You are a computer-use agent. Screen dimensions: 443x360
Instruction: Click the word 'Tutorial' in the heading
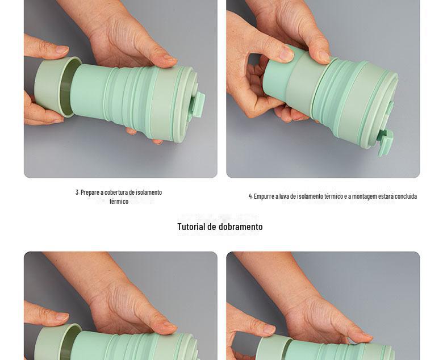pyautogui.click(x=191, y=227)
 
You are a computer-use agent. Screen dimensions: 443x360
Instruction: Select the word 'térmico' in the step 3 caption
pyautogui.click(x=119, y=202)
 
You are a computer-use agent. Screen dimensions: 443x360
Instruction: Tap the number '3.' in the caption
pyautogui.click(x=77, y=192)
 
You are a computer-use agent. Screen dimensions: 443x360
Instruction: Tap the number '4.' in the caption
pyautogui.click(x=250, y=196)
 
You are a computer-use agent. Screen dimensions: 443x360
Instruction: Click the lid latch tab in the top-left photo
pyautogui.click(x=199, y=104)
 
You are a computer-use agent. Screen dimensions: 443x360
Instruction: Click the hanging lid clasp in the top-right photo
pyautogui.click(x=386, y=143)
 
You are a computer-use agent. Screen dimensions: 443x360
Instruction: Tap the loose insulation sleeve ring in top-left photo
pyautogui.click(x=56, y=86)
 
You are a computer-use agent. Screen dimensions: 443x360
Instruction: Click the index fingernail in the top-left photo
pyautogui.click(x=61, y=49)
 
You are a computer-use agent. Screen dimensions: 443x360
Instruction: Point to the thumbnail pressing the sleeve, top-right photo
pyautogui.click(x=286, y=53)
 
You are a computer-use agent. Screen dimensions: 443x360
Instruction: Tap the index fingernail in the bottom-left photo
pyautogui.click(x=61, y=316)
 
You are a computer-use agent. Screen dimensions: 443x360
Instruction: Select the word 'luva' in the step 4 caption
pyautogui.click(x=284, y=196)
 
